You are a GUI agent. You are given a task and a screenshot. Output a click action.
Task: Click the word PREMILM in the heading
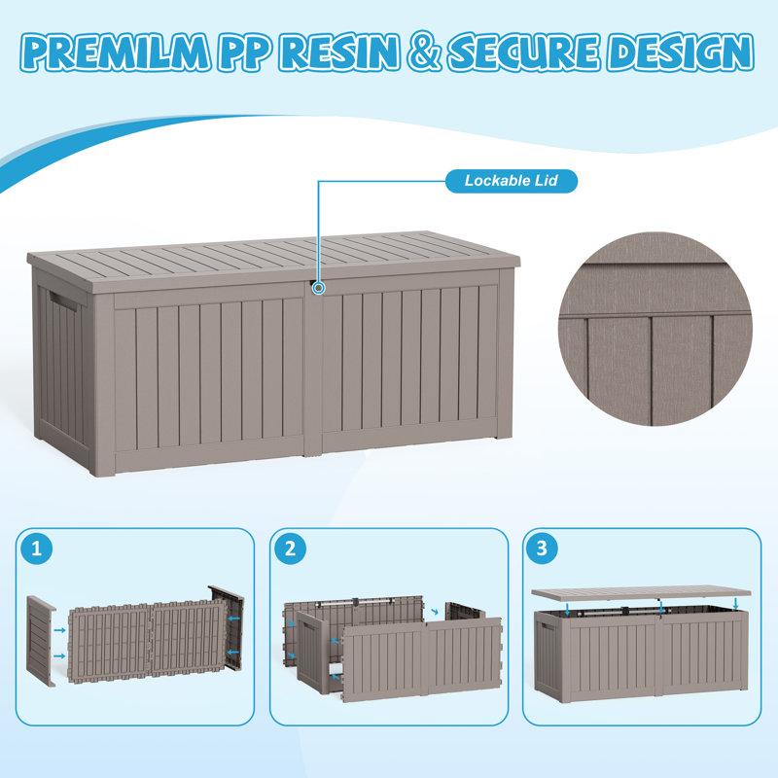click(x=115, y=52)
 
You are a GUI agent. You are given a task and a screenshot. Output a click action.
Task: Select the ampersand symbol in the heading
click(x=423, y=52)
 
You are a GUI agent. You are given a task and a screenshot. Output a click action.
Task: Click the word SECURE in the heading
click(x=523, y=52)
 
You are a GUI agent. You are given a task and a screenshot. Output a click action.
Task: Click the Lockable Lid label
click(x=512, y=181)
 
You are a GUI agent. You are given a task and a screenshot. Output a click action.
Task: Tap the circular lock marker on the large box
click(x=319, y=288)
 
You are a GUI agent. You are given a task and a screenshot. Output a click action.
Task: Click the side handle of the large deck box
click(x=62, y=301)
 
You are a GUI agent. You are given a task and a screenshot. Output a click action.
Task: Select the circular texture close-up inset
click(x=654, y=329)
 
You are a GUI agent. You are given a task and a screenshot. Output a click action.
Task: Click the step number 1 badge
click(x=37, y=548)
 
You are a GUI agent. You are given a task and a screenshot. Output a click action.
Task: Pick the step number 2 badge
click(x=290, y=548)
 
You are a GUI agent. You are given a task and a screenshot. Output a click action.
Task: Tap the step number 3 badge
click(x=542, y=548)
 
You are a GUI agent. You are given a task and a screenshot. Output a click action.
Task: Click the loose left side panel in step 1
click(x=41, y=641)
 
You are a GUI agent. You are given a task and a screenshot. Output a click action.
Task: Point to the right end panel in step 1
click(x=228, y=627)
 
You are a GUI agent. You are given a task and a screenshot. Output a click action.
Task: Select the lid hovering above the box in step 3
click(x=641, y=593)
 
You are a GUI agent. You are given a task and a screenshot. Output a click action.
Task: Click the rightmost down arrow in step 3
click(x=736, y=604)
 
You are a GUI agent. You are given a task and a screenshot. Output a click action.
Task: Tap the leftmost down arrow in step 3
click(x=568, y=610)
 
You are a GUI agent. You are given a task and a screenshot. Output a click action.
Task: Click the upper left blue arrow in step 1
click(x=60, y=630)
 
